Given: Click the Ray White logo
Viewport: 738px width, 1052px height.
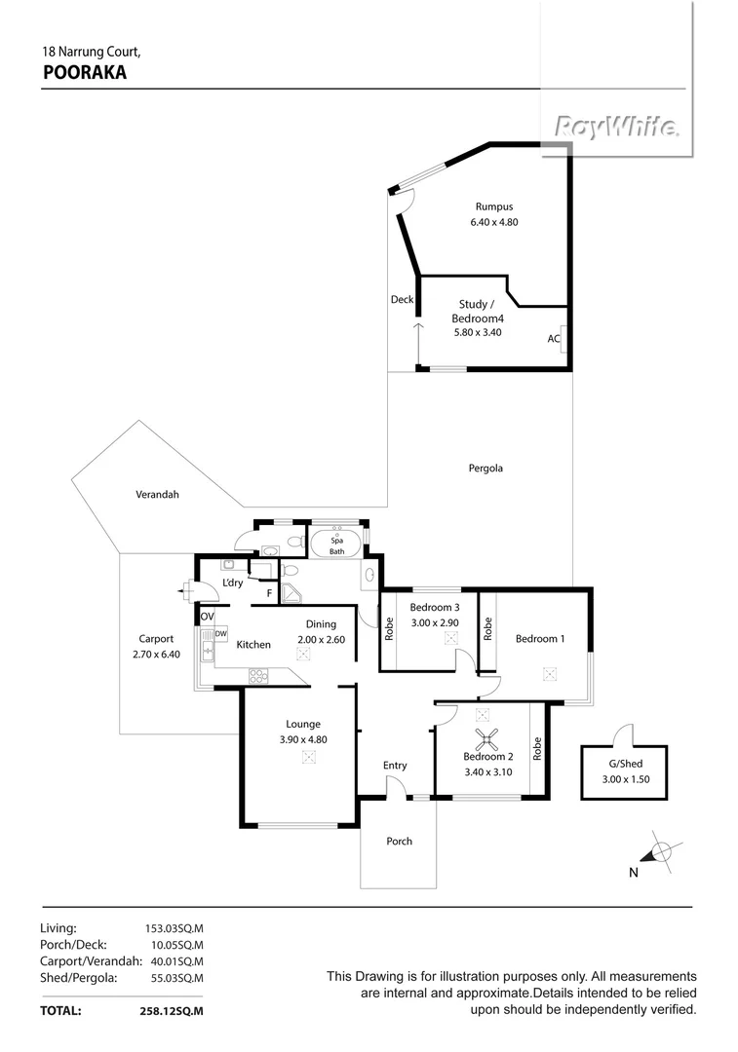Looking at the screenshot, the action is (x=616, y=127).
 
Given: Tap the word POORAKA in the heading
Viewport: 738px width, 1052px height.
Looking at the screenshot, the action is (x=85, y=71).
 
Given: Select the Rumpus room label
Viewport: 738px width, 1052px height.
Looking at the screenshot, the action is (x=494, y=207).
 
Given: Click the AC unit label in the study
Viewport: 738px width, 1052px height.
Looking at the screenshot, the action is (x=553, y=339).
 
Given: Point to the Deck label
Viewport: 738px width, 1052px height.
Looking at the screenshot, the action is (x=402, y=300).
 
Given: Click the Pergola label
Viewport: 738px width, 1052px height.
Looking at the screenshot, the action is (x=486, y=469).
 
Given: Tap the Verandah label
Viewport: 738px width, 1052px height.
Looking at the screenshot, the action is (x=157, y=495).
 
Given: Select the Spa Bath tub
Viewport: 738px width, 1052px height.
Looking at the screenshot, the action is (x=336, y=544).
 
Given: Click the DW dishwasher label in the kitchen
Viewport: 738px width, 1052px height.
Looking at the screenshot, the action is (x=221, y=634).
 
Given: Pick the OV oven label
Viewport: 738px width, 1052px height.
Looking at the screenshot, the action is (x=207, y=617).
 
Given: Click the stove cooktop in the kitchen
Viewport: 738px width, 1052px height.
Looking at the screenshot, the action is (x=258, y=674).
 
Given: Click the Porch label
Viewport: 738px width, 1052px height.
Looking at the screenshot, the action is (x=400, y=842).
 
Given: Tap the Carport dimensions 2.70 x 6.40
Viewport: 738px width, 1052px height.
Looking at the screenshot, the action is (x=156, y=655).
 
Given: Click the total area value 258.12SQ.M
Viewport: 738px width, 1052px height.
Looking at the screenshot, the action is (x=172, y=1012).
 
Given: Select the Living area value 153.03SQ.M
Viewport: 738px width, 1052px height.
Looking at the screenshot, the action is (x=174, y=928).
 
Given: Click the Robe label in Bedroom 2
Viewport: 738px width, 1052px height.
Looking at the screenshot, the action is (x=537, y=748).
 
